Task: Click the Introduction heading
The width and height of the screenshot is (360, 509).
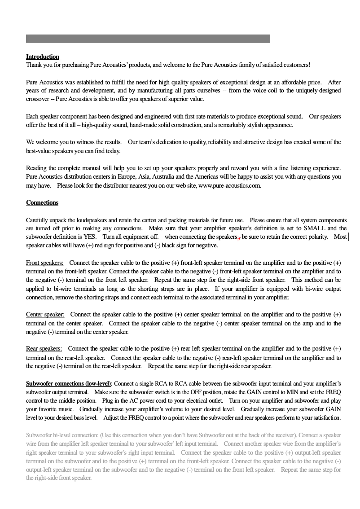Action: (43, 57)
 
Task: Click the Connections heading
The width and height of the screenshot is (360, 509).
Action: (42, 202)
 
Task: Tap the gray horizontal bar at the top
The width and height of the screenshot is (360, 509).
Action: (148, 39)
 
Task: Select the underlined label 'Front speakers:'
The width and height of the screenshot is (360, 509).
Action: (44, 263)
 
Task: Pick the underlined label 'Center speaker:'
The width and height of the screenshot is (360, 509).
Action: (45, 315)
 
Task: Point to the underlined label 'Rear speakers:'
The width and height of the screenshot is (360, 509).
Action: (44, 348)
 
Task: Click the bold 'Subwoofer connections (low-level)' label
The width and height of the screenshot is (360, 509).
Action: (68, 384)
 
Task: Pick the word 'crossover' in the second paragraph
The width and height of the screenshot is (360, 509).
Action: (38, 99)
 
